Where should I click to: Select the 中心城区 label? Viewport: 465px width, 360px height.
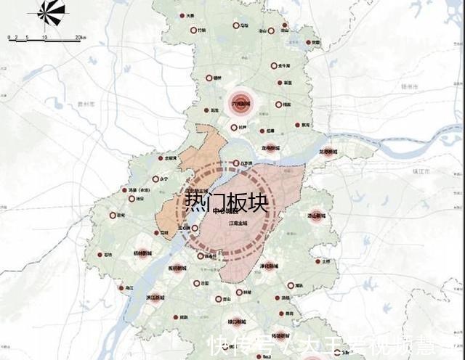tap(227, 211)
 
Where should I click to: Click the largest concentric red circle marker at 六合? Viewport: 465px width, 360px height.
tap(240, 103)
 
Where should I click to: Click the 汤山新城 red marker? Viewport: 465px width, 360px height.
tap(315, 216)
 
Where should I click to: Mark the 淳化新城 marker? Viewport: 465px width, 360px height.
tap(270, 266)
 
